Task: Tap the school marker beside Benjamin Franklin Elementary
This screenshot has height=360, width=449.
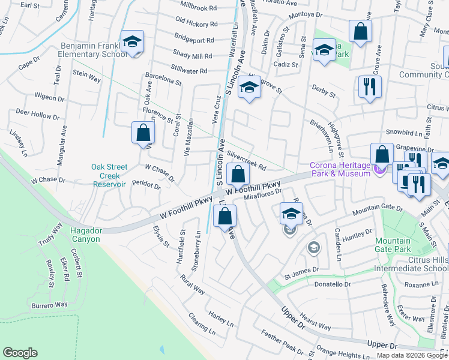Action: click(x=132, y=42)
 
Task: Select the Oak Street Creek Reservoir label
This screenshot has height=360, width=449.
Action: click(x=109, y=176)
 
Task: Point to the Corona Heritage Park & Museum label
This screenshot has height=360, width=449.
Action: click(x=339, y=170)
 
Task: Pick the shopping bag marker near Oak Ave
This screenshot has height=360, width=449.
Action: click(x=143, y=134)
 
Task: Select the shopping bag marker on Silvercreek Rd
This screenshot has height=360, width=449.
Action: click(x=238, y=175)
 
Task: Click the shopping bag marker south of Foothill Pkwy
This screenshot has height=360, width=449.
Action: click(x=224, y=217)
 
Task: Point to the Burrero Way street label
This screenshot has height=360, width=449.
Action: click(x=50, y=305)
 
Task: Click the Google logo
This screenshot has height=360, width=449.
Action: click(x=20, y=353)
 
